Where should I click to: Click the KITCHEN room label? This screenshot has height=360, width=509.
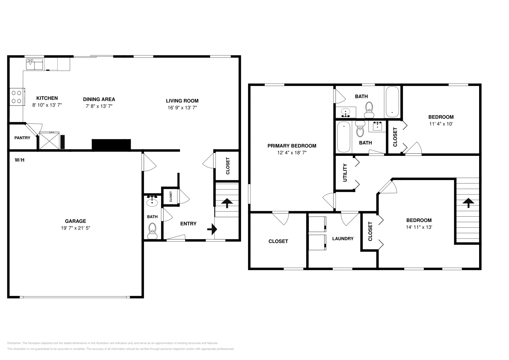coord(47,98)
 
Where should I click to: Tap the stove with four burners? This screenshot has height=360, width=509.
coord(17,97)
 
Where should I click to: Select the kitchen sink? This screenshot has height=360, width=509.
coord(34,64)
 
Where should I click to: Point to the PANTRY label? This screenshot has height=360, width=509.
coord(22,138)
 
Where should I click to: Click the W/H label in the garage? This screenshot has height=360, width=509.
coord(19,160)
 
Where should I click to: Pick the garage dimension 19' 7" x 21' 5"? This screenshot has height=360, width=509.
coord(75,228)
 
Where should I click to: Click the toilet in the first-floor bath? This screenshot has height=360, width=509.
coord(152,231)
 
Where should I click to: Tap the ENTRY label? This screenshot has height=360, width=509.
coord(188,224)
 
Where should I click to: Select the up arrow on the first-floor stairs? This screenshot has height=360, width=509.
coord(227,203)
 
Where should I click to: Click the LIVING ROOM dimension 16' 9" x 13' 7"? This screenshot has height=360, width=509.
coord(182,108)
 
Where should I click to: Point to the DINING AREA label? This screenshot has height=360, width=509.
coord(99,99)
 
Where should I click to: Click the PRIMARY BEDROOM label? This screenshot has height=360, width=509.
coord(292,146)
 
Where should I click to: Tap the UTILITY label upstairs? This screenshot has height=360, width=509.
coord(345,173)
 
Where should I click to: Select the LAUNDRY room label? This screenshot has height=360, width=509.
coord(343,239)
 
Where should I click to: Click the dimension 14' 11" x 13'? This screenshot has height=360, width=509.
coord(419,227)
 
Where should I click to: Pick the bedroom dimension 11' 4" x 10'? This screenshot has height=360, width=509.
coord(441,124)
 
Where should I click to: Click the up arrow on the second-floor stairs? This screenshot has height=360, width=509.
coord(468,203)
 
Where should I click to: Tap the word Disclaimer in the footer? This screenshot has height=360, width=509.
coord(14,343)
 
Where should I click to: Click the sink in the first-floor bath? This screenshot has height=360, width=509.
coord(152,201)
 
